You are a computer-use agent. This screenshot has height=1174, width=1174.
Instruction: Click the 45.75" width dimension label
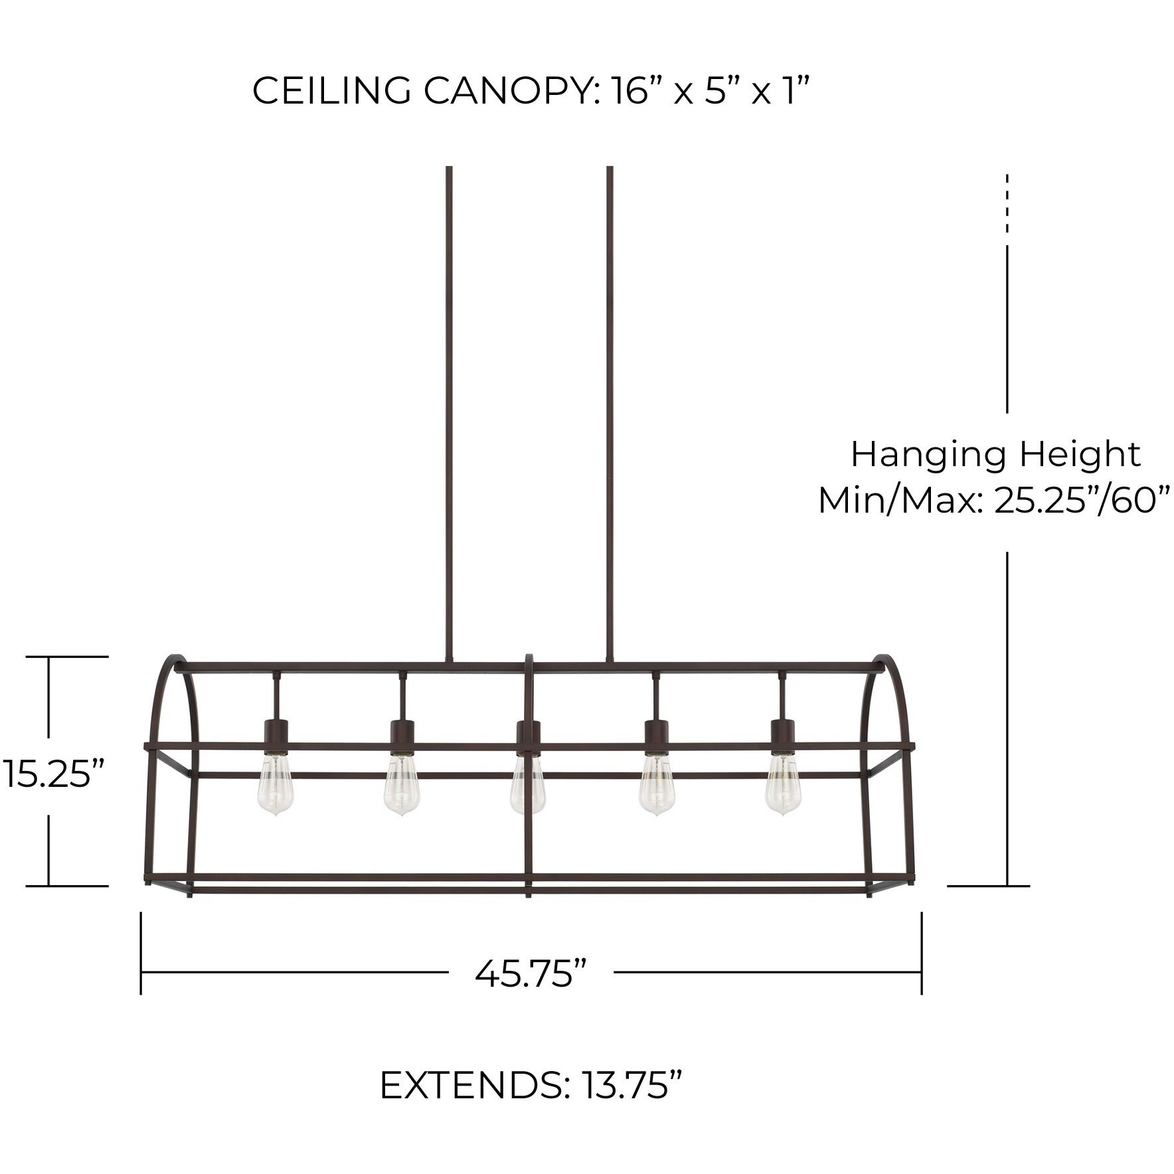(x=531, y=973)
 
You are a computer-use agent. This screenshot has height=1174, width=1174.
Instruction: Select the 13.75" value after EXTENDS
(x=631, y=1085)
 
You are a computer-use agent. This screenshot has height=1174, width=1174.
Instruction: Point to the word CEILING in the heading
(x=331, y=91)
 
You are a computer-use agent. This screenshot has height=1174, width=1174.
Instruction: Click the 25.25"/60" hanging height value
(x=1081, y=501)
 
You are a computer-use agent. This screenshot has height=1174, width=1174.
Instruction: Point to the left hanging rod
(x=450, y=412)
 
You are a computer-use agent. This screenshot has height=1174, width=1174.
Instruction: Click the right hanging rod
(x=610, y=412)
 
